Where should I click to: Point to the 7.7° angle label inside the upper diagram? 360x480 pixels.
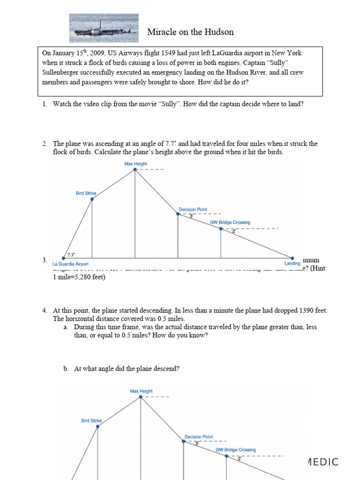(71, 255)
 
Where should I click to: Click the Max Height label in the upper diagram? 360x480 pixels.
(135, 164)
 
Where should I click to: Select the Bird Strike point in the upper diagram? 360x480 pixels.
(92, 199)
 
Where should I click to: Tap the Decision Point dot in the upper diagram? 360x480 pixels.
(178, 214)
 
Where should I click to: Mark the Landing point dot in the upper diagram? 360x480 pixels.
(292, 258)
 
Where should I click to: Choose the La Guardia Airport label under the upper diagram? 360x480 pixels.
(70, 263)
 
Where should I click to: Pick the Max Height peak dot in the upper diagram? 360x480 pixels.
(135, 170)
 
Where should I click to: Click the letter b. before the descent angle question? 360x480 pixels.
(66, 369)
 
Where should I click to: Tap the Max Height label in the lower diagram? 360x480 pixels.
(141, 391)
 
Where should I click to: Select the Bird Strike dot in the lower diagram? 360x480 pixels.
(97, 426)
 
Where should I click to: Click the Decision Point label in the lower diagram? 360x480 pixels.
(199, 436)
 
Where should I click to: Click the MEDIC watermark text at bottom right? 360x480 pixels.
(323, 462)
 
